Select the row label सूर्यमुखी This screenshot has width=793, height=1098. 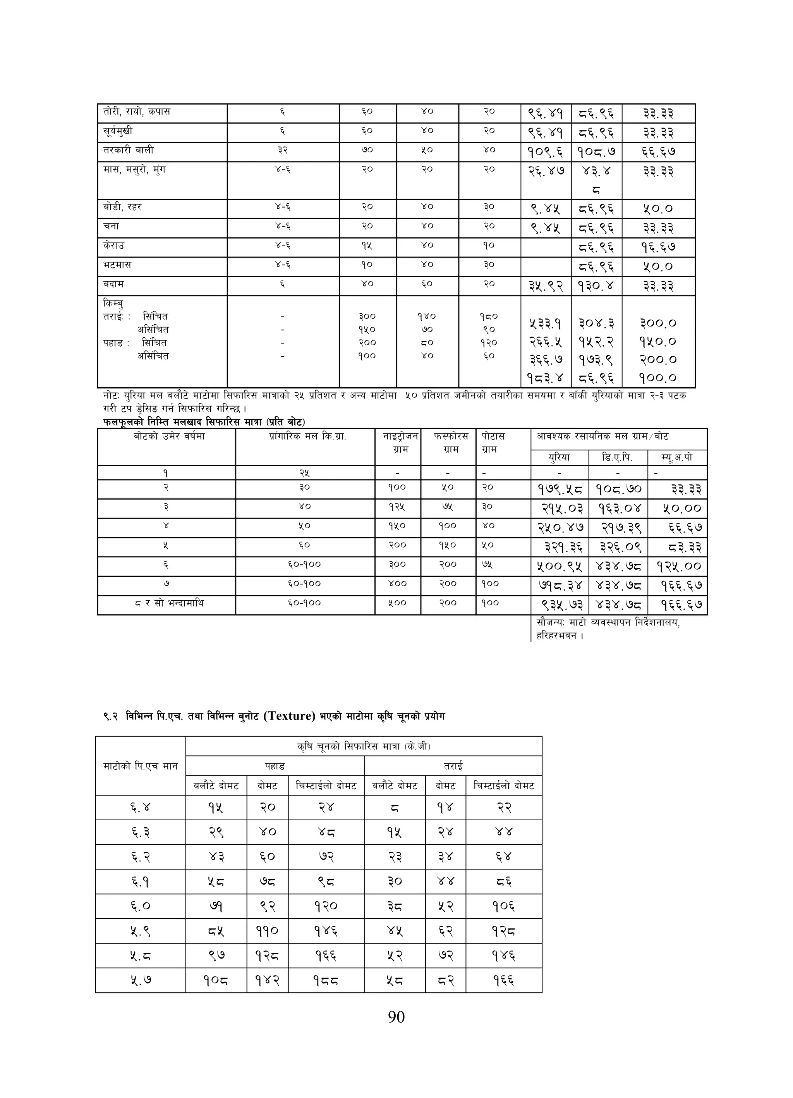pyautogui.click(x=118, y=131)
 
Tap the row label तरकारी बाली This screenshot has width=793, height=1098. pyautogui.click(x=128, y=150)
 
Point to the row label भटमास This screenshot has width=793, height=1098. pyautogui.click(x=117, y=265)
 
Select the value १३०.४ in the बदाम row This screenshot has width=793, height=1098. pyautogui.click(x=596, y=286)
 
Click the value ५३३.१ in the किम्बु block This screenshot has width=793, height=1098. pyautogui.click(x=545, y=323)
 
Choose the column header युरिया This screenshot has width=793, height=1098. pyautogui.click(x=559, y=457)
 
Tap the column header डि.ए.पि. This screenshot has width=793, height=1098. pyautogui.click(x=617, y=457)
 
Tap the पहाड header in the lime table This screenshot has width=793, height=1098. pyautogui.click(x=275, y=766)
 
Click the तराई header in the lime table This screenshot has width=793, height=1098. pyautogui.click(x=453, y=766)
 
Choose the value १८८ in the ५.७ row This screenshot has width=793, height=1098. pyautogui.click(x=325, y=981)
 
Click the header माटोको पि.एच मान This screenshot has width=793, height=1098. pyautogui.click(x=141, y=766)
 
